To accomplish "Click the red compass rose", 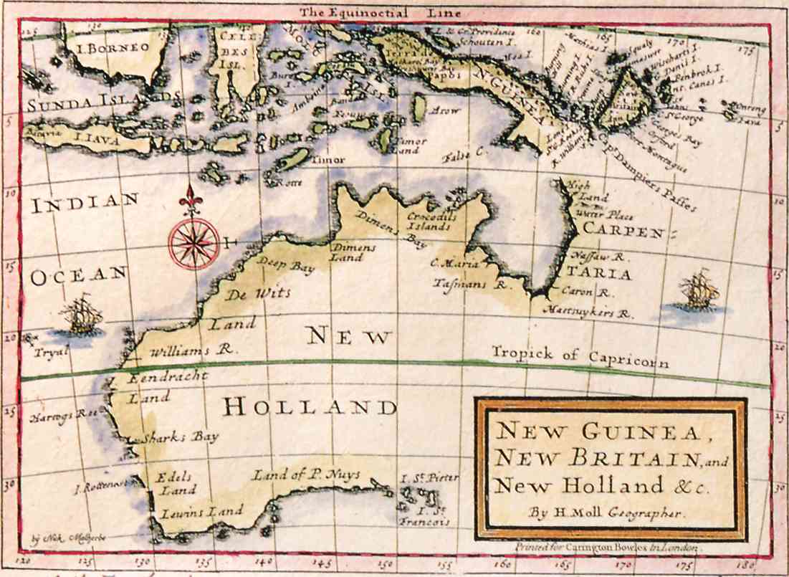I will [x=194, y=243].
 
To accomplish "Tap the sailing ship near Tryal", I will [x=80, y=316].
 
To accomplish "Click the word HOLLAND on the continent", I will [x=309, y=408].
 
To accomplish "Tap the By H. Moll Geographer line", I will [x=607, y=512].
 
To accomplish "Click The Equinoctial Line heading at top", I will [x=380, y=12].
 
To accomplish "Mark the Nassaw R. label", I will [x=594, y=256].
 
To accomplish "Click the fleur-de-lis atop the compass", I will [x=191, y=199].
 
